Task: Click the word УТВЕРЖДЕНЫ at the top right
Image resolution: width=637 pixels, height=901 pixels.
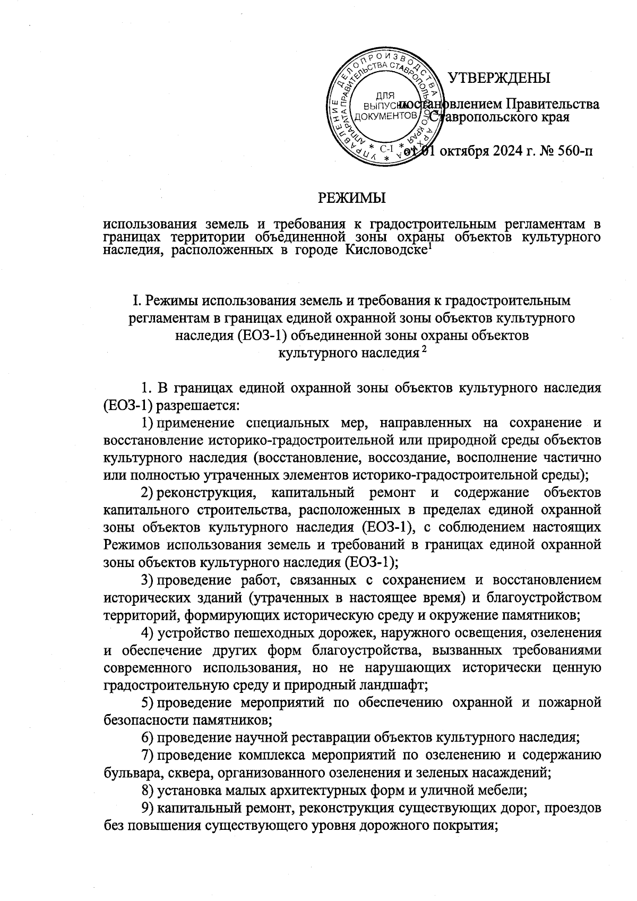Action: pyautogui.click(x=499, y=79)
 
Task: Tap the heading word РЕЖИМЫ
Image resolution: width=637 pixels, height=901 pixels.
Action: pyautogui.click(x=351, y=198)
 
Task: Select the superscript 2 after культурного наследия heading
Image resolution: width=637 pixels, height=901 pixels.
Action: pyautogui.click(x=424, y=350)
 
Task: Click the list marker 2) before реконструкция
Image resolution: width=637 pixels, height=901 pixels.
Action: pyautogui.click(x=148, y=493)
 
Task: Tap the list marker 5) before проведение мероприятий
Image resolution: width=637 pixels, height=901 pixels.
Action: pyautogui.click(x=148, y=703)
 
